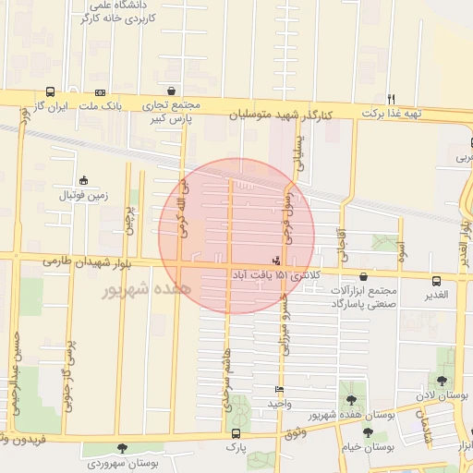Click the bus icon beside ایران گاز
49,91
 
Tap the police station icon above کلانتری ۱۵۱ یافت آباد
277,261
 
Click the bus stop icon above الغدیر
436,280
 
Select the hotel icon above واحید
278,389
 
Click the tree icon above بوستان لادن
442,381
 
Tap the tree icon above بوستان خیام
368,432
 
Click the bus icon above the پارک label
236,432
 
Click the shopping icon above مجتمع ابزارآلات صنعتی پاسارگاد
362,275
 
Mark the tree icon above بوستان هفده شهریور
350,400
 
